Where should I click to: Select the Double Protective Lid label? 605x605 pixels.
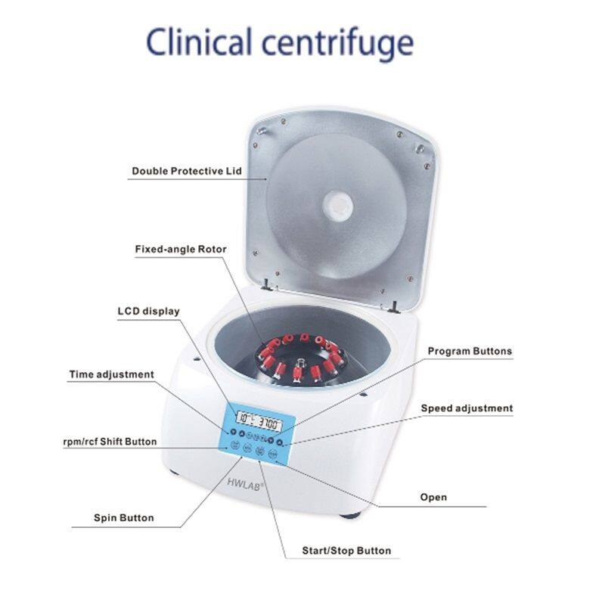[x=187, y=171]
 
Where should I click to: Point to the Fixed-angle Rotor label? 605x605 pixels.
[x=181, y=249]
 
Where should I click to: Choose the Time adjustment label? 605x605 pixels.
[x=111, y=374]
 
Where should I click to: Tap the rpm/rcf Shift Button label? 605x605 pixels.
[x=110, y=442]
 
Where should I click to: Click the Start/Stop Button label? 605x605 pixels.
[x=337, y=551]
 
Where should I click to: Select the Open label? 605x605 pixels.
[x=433, y=498]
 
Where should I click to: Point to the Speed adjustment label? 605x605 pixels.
[x=467, y=408]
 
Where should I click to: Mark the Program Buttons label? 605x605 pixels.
[x=470, y=351]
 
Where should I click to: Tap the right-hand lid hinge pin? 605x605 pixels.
[x=396, y=305]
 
